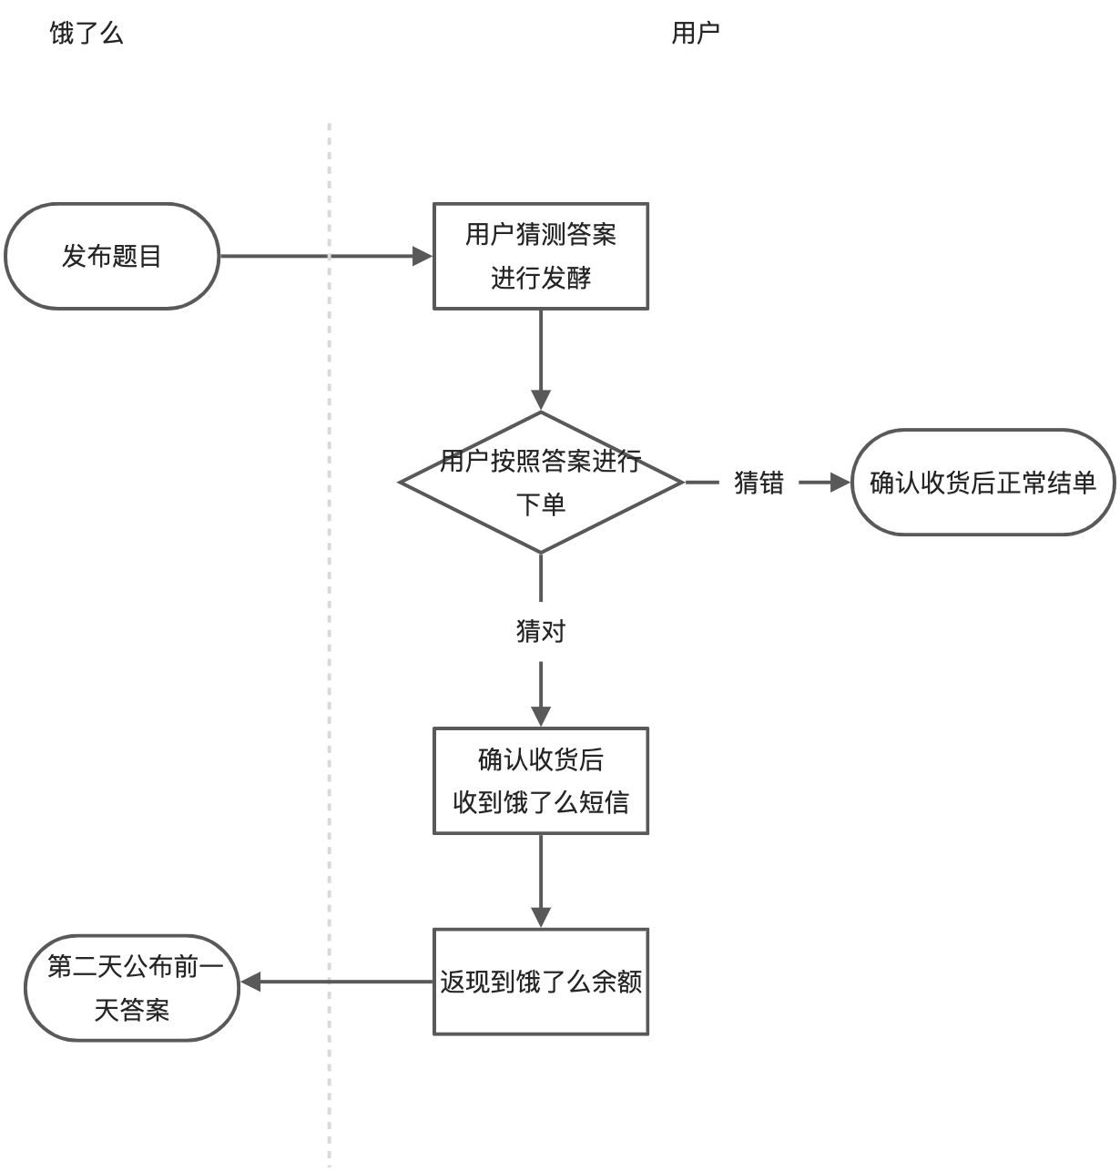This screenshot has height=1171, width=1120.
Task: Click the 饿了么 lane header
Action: [86, 34]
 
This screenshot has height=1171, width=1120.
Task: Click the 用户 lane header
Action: [696, 34]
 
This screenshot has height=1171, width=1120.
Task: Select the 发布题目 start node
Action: [112, 256]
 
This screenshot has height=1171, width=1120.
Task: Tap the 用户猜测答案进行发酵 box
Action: [540, 256]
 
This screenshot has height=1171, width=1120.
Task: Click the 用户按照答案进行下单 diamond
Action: [541, 482]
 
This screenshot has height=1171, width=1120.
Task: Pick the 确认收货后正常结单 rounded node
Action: [983, 482]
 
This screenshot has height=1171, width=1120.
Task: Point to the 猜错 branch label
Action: [759, 483]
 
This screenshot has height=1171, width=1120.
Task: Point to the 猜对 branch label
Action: [541, 630]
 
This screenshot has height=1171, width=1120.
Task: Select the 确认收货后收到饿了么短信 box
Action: [540, 780]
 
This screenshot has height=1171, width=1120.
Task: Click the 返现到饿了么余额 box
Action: [540, 982]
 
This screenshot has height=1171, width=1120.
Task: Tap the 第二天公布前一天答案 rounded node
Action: [132, 988]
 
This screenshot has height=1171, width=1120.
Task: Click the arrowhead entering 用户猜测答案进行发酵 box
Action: [423, 256]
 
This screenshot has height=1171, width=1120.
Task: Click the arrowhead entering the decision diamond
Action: [541, 401]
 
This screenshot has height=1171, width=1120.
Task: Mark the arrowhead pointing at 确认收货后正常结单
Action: [840, 483]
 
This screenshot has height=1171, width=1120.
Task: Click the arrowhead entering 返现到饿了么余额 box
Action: [541, 917]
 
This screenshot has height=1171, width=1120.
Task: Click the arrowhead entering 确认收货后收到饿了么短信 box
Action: [541, 716]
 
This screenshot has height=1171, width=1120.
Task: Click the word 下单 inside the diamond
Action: [541, 504]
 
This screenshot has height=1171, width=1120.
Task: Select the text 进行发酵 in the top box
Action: [541, 278]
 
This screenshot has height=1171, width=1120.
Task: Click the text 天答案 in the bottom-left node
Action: [132, 1010]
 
